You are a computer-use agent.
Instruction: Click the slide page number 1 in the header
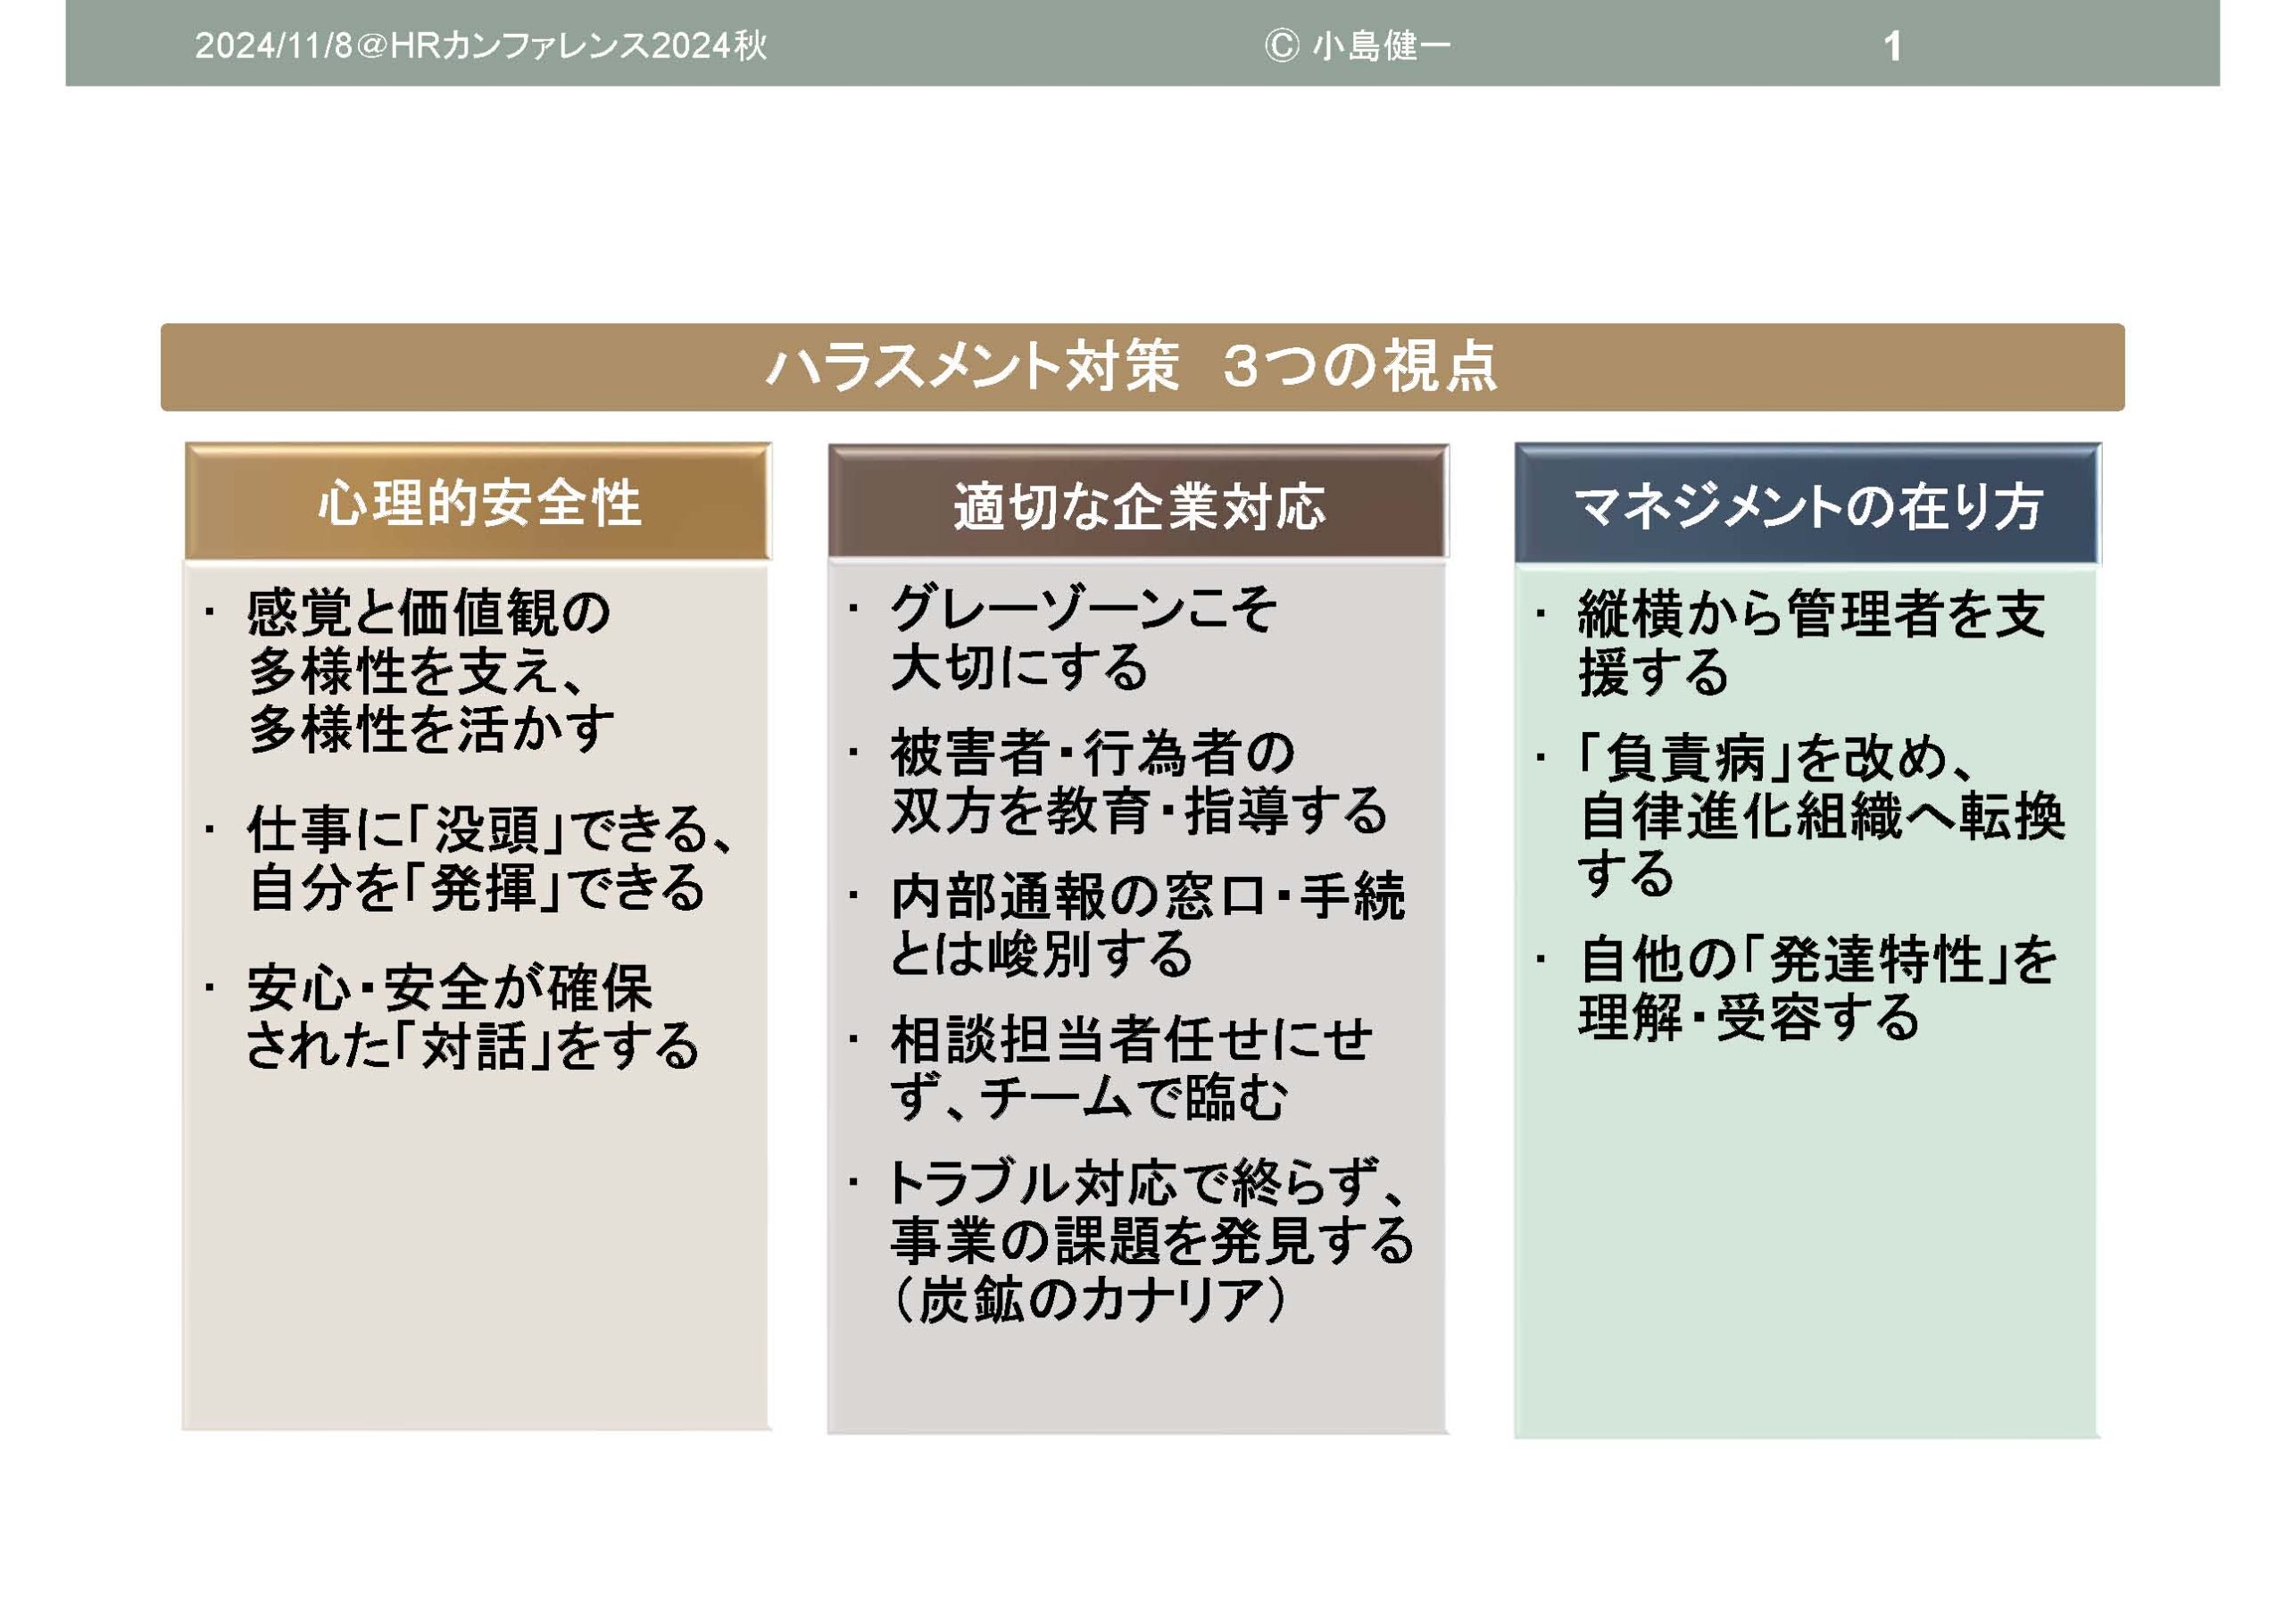tap(1893, 46)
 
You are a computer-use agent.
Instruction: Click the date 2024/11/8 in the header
tap(274, 46)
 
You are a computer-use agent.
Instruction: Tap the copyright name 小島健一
tap(1382, 46)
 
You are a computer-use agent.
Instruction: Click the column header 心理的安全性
tap(479, 503)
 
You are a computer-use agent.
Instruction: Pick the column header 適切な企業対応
tap(1140, 506)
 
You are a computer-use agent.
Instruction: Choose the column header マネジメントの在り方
tap(1808, 506)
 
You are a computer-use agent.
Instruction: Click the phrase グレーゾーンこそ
tap(1084, 608)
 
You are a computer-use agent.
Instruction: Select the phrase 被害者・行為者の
tap(1092, 752)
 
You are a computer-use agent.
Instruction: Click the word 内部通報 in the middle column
tap(996, 896)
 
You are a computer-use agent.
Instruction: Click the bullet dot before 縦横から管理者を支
tap(1541, 613)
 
